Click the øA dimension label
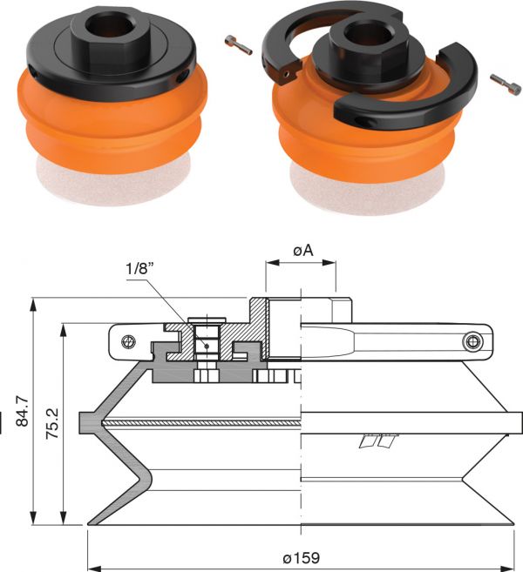click(302, 251)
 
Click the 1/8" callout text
click(139, 269)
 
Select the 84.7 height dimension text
click(23, 410)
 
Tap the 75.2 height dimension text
click(53, 423)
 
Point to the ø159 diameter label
click(302, 558)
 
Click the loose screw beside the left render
click(239, 45)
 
